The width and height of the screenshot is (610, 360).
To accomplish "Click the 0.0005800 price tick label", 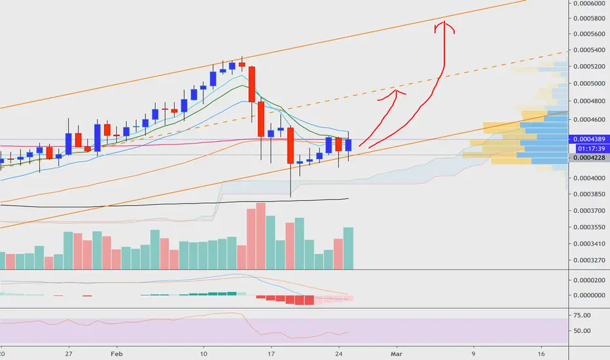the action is [589, 18].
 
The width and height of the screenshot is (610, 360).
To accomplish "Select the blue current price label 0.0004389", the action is [589, 139].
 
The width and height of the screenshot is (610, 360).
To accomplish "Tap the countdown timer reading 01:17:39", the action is [591, 149].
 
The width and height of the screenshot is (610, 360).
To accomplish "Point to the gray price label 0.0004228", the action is [589, 157].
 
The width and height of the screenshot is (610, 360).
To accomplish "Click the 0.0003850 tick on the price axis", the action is [589, 194].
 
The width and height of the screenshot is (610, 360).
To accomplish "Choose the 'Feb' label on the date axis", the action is [117, 353].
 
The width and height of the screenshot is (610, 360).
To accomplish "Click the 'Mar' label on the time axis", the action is [396, 353].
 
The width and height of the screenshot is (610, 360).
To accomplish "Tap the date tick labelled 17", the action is [271, 353].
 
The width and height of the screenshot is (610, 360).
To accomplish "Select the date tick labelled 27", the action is [69, 353].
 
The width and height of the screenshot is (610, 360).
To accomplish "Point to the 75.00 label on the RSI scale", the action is [582, 315].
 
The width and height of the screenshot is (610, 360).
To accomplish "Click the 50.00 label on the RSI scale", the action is [582, 331].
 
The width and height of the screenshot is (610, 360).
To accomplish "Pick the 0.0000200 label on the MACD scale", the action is [589, 280].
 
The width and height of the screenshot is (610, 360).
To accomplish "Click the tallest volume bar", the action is [260, 236].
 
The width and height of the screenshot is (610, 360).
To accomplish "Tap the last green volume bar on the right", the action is [348, 248].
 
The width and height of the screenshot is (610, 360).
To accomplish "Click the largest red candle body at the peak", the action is [252, 84].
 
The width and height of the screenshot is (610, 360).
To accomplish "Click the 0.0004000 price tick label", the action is [589, 178].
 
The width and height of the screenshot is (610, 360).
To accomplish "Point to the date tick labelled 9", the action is [473, 353].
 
